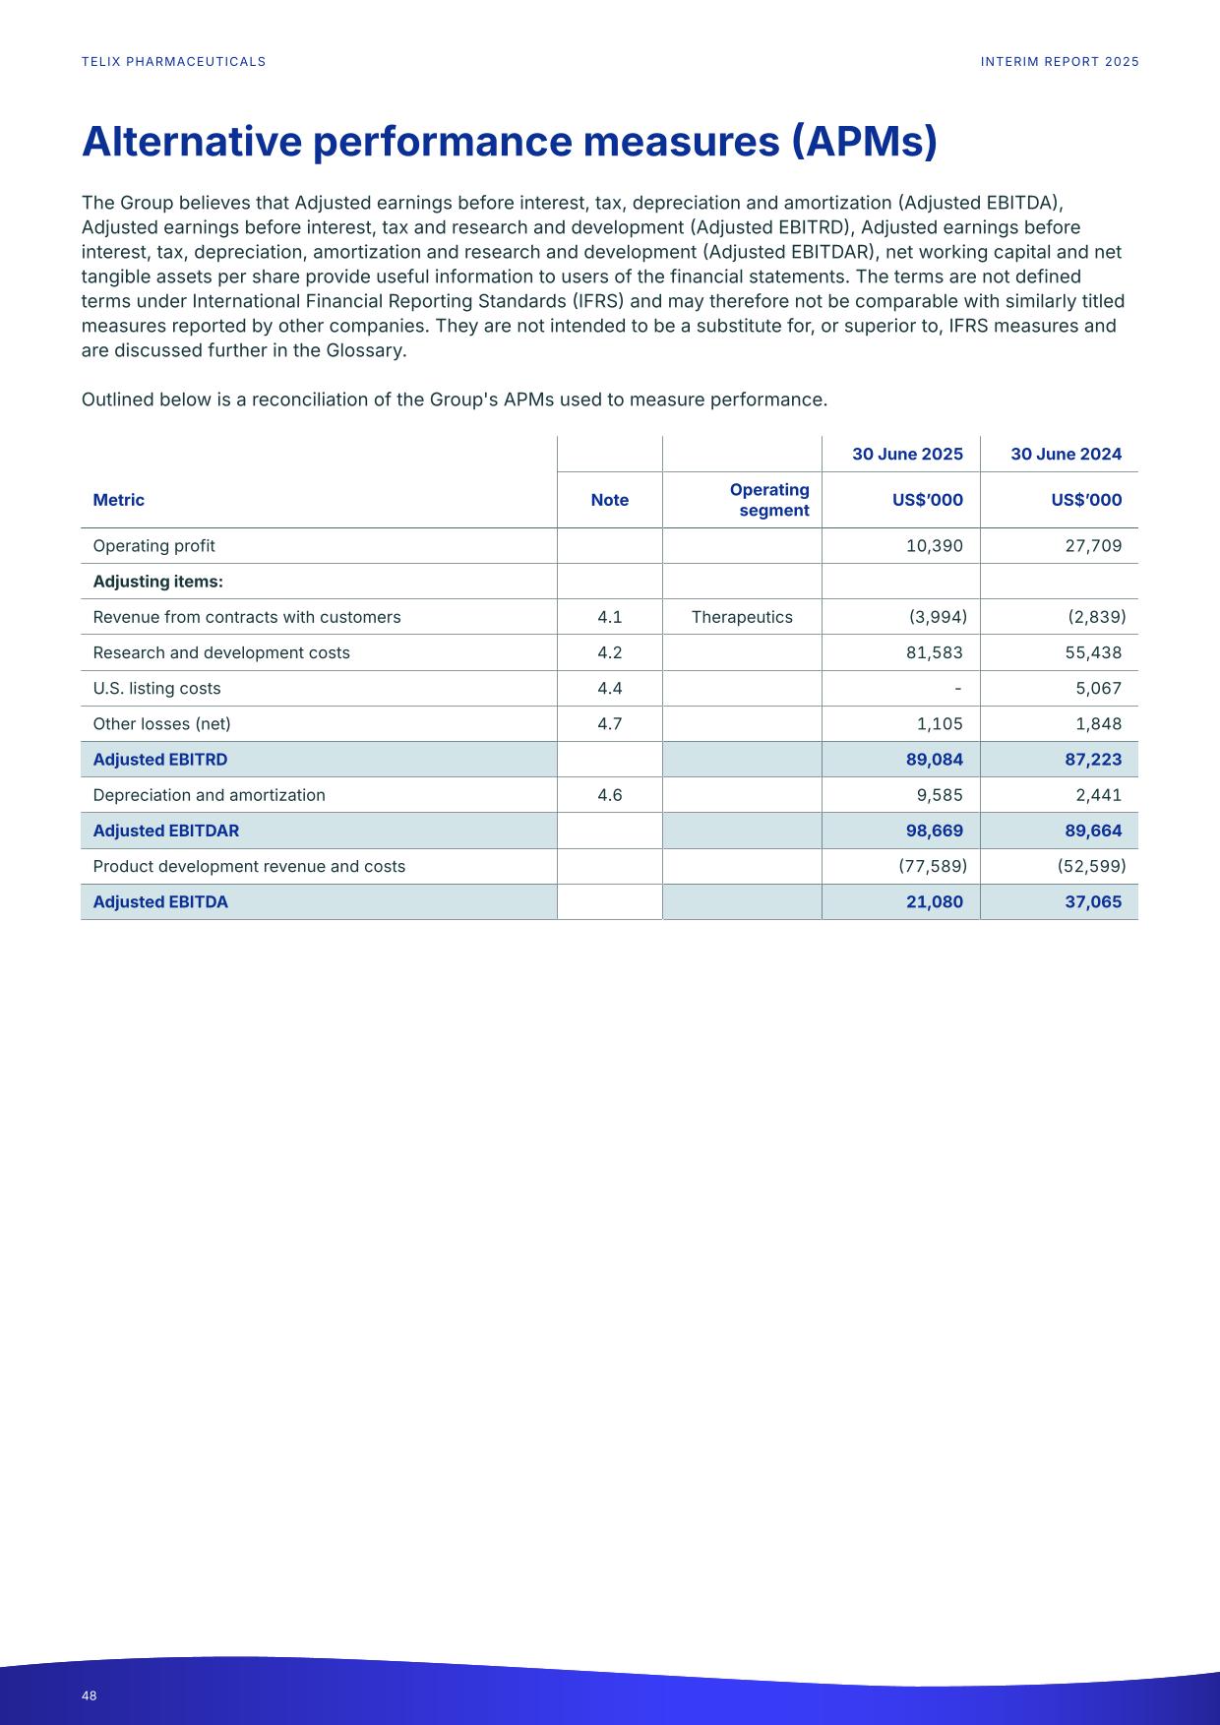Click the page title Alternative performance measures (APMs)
509,142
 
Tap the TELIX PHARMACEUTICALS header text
173,62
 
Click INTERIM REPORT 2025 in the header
1060,62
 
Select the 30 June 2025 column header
907,454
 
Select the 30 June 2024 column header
1066,454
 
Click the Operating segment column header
769,500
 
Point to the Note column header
609,500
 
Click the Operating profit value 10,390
934,546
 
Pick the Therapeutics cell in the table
742,617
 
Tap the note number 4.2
609,652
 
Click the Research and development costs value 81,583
934,652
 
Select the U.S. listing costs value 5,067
1098,689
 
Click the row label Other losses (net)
161,724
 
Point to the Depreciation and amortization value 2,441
1098,795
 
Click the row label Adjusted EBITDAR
165,831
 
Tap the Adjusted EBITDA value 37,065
1093,901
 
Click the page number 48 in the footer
90,1695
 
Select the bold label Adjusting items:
157,582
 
